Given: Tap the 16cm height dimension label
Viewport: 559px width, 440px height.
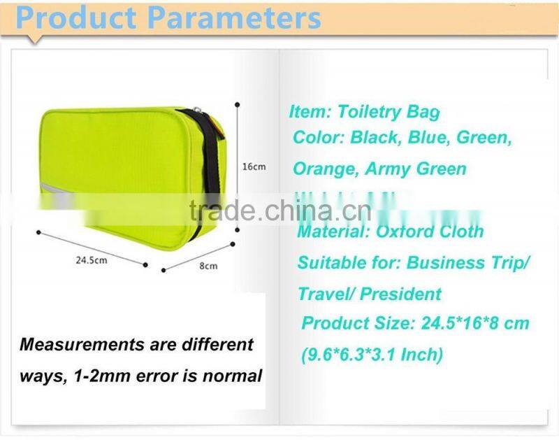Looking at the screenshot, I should click(254, 166).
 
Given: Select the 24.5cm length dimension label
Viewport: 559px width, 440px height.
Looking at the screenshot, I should click(91, 260).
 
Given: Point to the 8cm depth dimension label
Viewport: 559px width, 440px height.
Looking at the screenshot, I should click(209, 266).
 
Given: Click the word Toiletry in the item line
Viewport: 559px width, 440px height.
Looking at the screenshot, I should click(370, 111).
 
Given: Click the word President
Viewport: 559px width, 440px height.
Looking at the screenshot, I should click(401, 294).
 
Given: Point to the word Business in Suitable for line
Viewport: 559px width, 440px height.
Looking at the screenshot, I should click(440, 263).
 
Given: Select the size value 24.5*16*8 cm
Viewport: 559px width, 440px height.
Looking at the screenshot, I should click(474, 323).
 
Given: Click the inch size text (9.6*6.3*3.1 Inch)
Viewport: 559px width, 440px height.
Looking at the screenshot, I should click(372, 355).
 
